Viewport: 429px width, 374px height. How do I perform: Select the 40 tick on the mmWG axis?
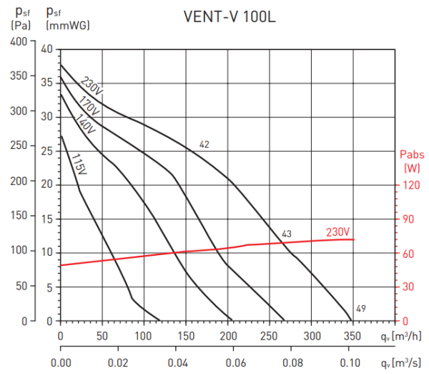pyautogui.click(x=47, y=49)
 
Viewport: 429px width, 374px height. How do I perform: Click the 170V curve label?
pyautogui.click(x=88, y=105)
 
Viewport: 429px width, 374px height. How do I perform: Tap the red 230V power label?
pyautogui.click(x=337, y=231)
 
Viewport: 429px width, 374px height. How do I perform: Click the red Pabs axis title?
pyautogui.click(x=412, y=154)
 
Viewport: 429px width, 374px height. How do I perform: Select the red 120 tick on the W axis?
pyautogui.click(x=412, y=184)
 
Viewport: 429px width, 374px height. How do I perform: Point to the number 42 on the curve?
pyautogui.click(x=204, y=145)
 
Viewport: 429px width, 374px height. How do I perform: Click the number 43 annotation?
pyautogui.click(x=287, y=234)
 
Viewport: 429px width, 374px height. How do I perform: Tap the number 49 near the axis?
pyautogui.click(x=361, y=309)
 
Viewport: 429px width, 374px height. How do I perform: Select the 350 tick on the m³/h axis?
pyautogui.click(x=350, y=335)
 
